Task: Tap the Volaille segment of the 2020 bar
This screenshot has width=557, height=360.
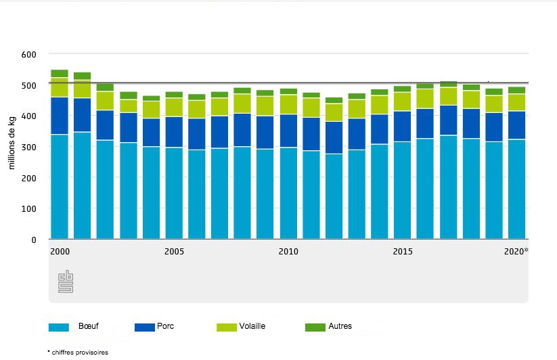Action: click(517, 102)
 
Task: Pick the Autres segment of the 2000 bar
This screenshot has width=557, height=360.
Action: click(60, 73)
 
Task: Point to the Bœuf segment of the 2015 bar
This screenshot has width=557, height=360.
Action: click(403, 190)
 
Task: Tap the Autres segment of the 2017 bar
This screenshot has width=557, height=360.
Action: click(448, 84)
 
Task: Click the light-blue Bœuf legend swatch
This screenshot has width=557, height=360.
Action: click(60, 327)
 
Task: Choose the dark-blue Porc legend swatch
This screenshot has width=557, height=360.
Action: click(144, 327)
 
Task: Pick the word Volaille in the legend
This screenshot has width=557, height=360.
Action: click(252, 326)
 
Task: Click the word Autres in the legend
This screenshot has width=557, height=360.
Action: click(340, 326)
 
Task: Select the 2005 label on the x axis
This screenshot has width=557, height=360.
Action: click(174, 252)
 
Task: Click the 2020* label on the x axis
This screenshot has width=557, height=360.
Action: click(516, 252)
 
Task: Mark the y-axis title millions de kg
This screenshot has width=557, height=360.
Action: click(12, 146)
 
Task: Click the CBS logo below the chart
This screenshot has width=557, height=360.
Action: click(66, 282)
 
